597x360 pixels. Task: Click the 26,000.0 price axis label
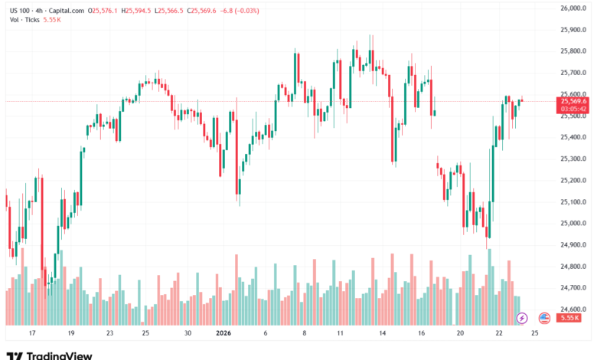coord(573,8)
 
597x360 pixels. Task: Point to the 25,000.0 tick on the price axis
coord(573,224)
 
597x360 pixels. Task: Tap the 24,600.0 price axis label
coord(573,309)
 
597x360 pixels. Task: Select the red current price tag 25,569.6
coord(573,101)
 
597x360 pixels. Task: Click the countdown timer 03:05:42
coord(573,109)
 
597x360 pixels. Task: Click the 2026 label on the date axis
coord(224,334)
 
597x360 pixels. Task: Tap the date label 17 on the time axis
coord(31,334)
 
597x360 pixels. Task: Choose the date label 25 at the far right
coord(533,334)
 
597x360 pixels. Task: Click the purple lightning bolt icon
coord(522,317)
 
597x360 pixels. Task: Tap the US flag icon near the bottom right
coord(544,317)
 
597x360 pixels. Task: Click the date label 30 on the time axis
coord(187,334)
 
